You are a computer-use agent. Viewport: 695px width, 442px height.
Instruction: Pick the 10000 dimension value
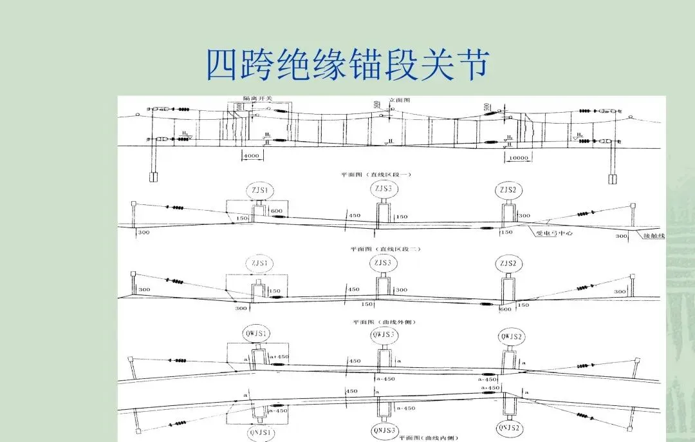[x=517, y=157]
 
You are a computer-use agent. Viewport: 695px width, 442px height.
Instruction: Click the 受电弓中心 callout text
[x=554, y=233]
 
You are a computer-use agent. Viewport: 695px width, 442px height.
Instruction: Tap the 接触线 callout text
[x=653, y=236]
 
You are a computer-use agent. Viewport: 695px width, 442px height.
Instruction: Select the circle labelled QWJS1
[x=258, y=333]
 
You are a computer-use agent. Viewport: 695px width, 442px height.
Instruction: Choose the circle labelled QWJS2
[x=513, y=336]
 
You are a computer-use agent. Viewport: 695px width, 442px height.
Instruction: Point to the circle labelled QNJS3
[x=384, y=430]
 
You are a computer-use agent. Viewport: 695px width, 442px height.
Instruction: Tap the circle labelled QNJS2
[x=510, y=428]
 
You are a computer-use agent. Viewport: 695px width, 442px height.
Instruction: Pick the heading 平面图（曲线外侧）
[x=384, y=321]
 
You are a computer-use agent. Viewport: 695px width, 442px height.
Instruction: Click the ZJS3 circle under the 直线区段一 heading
[x=384, y=189]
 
